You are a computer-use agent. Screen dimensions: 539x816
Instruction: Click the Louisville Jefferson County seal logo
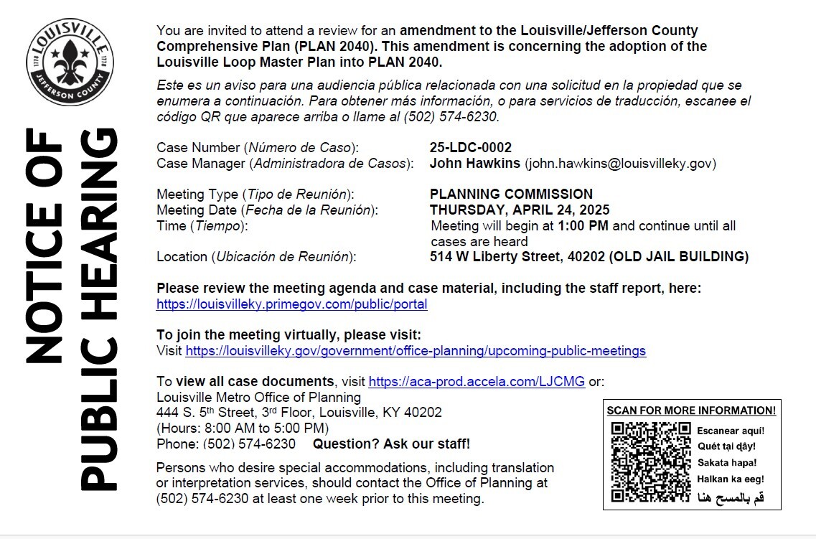(x=60, y=62)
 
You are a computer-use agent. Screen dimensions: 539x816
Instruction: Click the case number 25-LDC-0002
(x=470, y=148)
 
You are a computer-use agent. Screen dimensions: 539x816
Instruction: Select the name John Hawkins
(x=474, y=164)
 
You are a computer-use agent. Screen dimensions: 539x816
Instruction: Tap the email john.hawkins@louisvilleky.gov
(x=621, y=164)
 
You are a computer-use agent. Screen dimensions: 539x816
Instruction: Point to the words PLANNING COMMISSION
(x=511, y=194)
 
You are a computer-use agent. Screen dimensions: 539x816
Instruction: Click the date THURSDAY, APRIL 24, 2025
(x=520, y=210)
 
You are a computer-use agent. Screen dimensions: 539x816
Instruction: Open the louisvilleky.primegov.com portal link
(x=291, y=304)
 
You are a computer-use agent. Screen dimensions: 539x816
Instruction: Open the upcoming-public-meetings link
(x=416, y=351)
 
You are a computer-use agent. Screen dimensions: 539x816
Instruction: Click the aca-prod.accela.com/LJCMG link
(x=477, y=382)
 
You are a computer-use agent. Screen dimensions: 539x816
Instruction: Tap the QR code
(x=650, y=461)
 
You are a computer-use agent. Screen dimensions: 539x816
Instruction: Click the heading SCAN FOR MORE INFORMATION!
(x=691, y=411)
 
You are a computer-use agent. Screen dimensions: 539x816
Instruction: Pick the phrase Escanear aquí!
(x=731, y=431)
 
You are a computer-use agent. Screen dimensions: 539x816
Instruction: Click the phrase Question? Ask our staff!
(x=391, y=444)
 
